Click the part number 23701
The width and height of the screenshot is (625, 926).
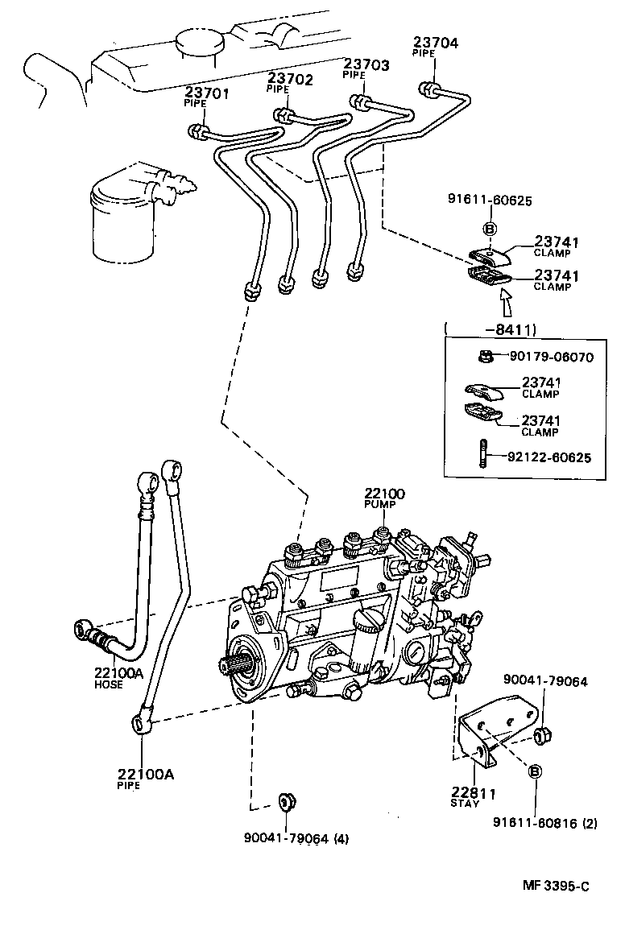(x=207, y=93)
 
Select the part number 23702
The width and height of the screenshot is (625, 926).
(x=290, y=78)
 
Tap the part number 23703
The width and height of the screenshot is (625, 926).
(x=366, y=64)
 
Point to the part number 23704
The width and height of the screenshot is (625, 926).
(x=436, y=42)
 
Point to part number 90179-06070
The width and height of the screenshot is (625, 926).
(x=552, y=356)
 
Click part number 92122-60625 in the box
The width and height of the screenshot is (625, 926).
(x=549, y=457)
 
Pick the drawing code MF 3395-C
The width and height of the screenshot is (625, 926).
(x=556, y=886)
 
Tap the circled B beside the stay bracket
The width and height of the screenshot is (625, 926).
(x=534, y=771)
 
